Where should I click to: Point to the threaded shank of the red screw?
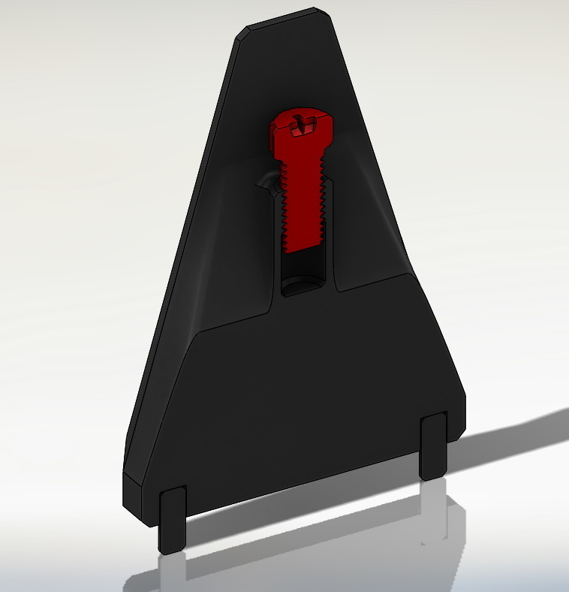tap(305, 203)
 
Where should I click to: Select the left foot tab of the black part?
tap(172, 518)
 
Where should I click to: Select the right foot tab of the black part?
tap(434, 446)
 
